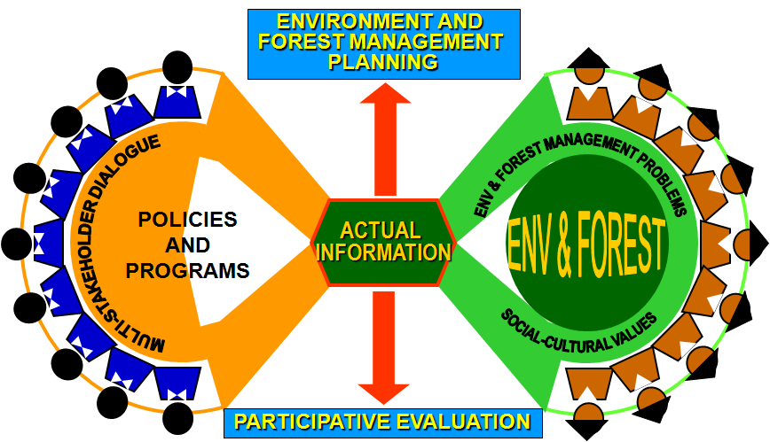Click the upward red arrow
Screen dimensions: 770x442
click(x=385, y=140)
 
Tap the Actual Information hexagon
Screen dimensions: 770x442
click(x=383, y=243)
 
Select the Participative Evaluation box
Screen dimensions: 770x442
click(x=383, y=423)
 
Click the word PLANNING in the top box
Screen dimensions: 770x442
click(x=383, y=62)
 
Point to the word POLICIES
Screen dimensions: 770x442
click(x=187, y=220)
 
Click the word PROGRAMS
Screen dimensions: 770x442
click(x=187, y=271)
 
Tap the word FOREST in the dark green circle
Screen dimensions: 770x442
click(x=621, y=244)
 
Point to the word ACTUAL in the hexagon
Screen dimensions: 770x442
click(x=381, y=230)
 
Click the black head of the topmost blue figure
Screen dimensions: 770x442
click(x=177, y=67)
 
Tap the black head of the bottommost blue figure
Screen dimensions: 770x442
click(x=177, y=418)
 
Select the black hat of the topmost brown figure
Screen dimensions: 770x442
click(x=588, y=58)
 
